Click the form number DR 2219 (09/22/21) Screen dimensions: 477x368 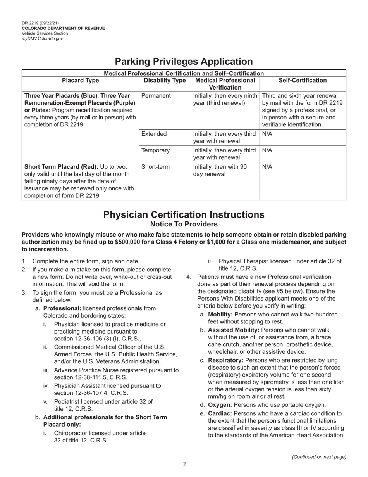[x=40, y=23]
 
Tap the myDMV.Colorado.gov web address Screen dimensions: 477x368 [x=42, y=38]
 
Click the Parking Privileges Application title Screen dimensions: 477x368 [x=184, y=62]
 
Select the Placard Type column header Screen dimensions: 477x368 [x=80, y=81]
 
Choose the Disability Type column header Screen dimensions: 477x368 [x=165, y=81]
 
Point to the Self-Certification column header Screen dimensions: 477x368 [x=303, y=81]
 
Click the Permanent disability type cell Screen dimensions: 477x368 [x=156, y=95]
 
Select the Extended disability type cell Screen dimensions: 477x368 [x=154, y=134]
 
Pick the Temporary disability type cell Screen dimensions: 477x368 [x=155, y=150]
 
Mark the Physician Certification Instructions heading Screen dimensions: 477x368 [x=184, y=214]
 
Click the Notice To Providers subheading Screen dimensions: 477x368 [x=184, y=224]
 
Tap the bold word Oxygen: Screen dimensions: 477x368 [x=220, y=405]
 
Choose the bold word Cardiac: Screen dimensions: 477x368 [x=220, y=413]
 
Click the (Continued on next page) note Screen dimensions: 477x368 [x=319, y=457]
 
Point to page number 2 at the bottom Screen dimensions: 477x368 [x=184, y=464]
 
